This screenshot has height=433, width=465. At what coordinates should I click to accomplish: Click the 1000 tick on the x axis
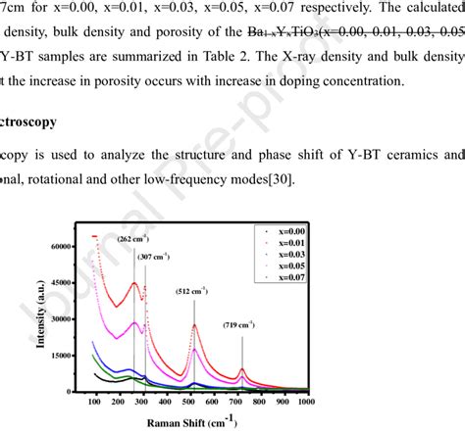coord(307,402)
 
